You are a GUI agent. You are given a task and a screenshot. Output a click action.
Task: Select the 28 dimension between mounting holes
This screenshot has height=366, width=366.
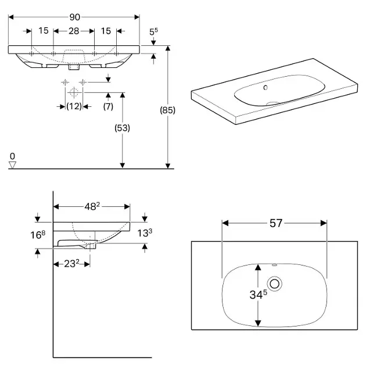point(74,31)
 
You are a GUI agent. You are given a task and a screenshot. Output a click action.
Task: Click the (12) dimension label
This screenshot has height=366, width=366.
point(73,106)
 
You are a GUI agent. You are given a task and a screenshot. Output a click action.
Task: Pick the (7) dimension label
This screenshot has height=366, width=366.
point(108,106)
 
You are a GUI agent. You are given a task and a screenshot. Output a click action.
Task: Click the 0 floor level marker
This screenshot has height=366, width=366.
point(12,156)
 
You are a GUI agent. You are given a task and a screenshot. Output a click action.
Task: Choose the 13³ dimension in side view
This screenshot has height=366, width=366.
point(146,234)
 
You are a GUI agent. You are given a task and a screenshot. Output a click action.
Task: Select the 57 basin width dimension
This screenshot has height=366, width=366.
point(275,223)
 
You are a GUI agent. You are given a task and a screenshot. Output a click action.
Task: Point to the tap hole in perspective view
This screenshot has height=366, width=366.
point(265,88)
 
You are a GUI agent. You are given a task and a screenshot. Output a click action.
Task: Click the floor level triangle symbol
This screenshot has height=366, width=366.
point(12,165)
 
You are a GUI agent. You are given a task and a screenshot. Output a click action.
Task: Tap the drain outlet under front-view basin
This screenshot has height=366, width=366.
point(73,66)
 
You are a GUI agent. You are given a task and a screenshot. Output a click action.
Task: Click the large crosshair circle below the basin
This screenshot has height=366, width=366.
point(73,92)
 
